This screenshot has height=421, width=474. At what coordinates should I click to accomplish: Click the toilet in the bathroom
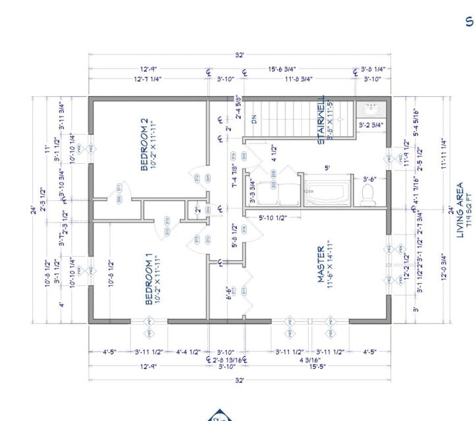(x=369, y=193)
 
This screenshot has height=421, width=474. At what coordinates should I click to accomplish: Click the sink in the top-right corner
(x=368, y=109)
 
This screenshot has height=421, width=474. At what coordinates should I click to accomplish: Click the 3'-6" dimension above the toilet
(x=371, y=179)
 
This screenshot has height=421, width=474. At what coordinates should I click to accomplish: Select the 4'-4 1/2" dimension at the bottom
(x=188, y=351)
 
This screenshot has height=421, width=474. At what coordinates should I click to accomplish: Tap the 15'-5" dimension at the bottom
(x=311, y=367)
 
